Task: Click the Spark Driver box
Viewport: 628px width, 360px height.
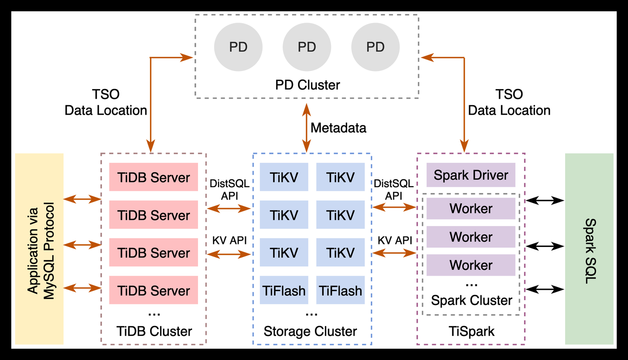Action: pyautogui.click(x=471, y=175)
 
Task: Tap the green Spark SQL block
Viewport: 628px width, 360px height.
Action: pyautogui.click(x=589, y=249)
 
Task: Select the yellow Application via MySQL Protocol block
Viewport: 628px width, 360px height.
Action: pyautogui.click(x=39, y=249)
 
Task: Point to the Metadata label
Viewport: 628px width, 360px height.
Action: pyautogui.click(x=338, y=127)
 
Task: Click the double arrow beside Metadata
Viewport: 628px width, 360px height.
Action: pyautogui.click(x=307, y=128)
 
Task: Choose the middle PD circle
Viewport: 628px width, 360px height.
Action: pyautogui.click(x=307, y=47)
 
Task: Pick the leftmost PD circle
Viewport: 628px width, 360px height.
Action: pyautogui.click(x=238, y=47)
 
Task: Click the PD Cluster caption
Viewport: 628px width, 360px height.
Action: pyautogui.click(x=307, y=85)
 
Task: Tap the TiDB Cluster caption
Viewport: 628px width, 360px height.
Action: pyautogui.click(x=154, y=331)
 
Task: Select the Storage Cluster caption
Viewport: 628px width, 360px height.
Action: pyautogui.click(x=310, y=331)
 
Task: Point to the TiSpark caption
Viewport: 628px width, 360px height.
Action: pyautogui.click(x=471, y=331)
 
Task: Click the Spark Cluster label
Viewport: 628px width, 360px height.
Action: pyautogui.click(x=471, y=300)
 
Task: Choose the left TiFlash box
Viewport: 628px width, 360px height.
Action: pyautogui.click(x=284, y=291)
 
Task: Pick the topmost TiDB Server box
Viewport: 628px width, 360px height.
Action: pyautogui.click(x=154, y=178)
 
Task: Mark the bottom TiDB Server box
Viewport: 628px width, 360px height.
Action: pyautogui.click(x=154, y=291)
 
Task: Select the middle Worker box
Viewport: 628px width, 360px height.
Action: pyautogui.click(x=471, y=237)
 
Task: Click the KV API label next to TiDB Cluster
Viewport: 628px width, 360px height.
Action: pyautogui.click(x=229, y=240)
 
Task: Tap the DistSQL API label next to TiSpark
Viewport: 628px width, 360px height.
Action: pyautogui.click(x=393, y=190)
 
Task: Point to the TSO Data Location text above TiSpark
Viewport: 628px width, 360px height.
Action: pyautogui.click(x=509, y=103)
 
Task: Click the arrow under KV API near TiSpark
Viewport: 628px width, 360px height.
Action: pyautogui.click(x=394, y=252)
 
